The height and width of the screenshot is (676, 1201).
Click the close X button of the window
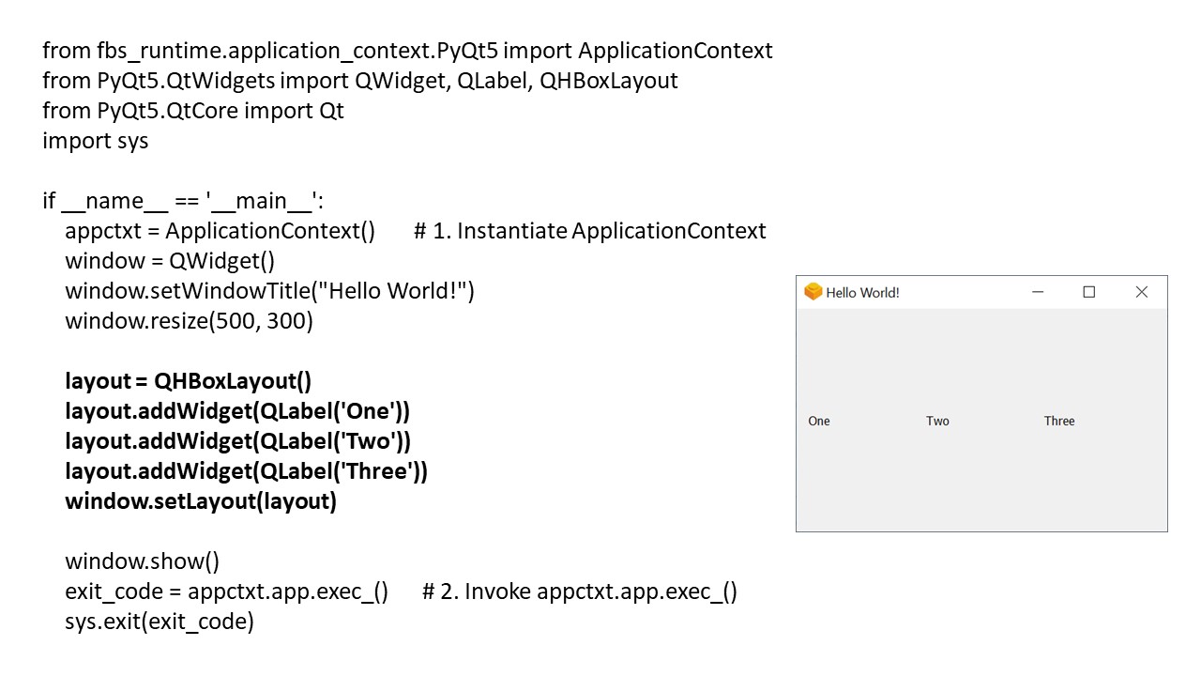(x=1141, y=292)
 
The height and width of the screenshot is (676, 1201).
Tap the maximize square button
(x=1088, y=292)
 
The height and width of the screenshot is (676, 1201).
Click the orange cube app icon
(x=813, y=292)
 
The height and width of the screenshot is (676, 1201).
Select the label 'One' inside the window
(x=819, y=421)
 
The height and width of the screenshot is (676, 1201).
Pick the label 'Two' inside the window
(x=937, y=421)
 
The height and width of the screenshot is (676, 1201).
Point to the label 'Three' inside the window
(x=1059, y=421)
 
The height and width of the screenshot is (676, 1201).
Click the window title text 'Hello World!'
(x=862, y=293)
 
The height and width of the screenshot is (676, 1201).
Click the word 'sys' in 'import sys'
(x=133, y=141)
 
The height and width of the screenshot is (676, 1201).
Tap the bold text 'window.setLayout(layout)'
(x=201, y=501)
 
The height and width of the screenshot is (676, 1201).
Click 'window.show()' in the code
(x=142, y=561)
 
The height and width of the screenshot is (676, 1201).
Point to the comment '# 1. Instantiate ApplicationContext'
(x=589, y=231)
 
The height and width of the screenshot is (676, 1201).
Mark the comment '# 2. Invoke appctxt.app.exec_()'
(x=579, y=591)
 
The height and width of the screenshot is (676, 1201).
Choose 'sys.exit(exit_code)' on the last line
(x=160, y=622)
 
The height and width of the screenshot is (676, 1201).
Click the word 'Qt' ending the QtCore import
(x=331, y=111)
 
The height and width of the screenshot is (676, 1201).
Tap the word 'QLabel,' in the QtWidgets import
(x=494, y=81)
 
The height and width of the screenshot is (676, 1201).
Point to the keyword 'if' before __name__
(x=49, y=201)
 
